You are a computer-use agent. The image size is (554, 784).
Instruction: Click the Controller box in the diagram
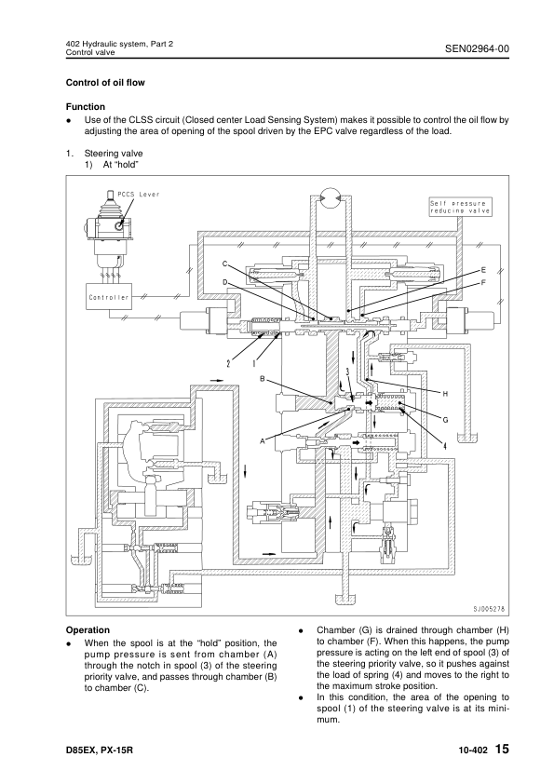click(109, 297)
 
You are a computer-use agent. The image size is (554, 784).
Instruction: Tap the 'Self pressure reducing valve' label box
click(460, 207)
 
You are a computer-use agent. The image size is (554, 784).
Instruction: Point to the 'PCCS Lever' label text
click(138, 194)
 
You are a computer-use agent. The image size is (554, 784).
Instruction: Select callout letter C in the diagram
click(225, 264)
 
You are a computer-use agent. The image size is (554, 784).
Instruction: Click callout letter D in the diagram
click(225, 282)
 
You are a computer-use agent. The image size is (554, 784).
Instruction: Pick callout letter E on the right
click(483, 270)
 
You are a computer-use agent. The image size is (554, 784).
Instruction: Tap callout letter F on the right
click(483, 282)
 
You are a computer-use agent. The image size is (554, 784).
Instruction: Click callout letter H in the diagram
click(445, 394)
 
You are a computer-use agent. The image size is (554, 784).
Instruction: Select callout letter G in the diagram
click(445, 420)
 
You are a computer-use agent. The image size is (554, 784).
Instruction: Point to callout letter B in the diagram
click(262, 379)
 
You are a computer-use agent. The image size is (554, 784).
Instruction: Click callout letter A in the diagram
click(262, 441)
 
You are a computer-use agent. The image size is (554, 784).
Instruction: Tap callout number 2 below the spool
click(228, 363)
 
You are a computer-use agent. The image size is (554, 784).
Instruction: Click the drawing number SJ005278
click(489, 609)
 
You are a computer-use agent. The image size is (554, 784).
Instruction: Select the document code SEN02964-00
click(477, 48)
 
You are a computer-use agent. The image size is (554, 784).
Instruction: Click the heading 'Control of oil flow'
click(105, 83)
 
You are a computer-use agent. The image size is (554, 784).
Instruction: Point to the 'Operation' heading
click(88, 630)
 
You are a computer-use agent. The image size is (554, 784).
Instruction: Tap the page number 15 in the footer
click(502, 749)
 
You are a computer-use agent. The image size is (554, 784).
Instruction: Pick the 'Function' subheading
click(86, 106)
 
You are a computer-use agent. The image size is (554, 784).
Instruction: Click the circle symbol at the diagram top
click(329, 197)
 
